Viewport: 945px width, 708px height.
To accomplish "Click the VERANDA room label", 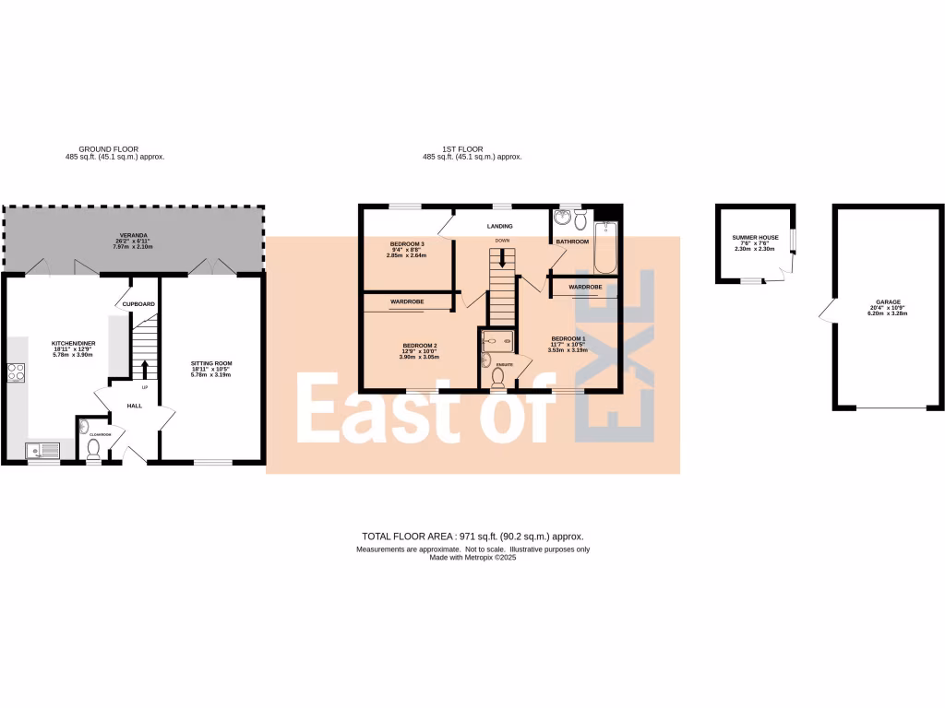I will coord(134,235).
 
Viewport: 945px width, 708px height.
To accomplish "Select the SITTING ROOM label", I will coord(211,364).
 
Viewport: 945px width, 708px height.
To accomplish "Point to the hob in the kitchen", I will coord(16,372).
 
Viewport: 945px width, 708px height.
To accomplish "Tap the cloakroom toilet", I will coord(92,449).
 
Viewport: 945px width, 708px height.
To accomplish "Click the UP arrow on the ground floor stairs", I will coord(145,369).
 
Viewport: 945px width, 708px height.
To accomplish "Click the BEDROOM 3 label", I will coord(407,243).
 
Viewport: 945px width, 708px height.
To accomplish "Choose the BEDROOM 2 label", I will coord(419,346).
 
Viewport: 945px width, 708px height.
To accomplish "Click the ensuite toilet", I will coord(499,374).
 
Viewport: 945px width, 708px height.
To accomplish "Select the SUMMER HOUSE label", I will coord(756,237).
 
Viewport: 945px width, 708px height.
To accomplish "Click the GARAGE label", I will coord(888,301).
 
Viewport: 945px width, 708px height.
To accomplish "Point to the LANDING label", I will coord(499,226).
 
